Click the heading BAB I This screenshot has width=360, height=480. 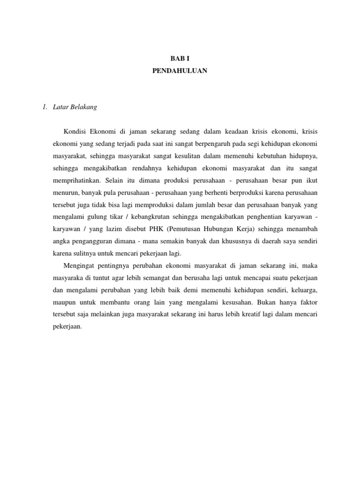click(180, 59)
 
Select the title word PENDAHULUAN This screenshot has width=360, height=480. click(180, 71)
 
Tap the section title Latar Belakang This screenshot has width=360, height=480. click(75, 107)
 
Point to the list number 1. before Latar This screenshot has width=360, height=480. click(45, 107)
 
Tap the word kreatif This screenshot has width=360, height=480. click(241, 315)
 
